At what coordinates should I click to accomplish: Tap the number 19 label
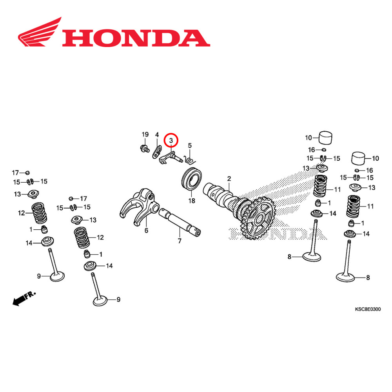[x=145, y=135]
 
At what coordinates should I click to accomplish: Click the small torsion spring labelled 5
[x=191, y=160]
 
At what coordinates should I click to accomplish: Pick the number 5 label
[x=190, y=145]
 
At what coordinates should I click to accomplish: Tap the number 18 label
[x=191, y=201]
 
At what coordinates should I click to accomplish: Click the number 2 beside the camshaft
[x=229, y=179]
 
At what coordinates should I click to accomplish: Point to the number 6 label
[x=146, y=230]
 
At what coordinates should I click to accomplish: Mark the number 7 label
[x=180, y=241]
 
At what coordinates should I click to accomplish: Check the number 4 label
[x=157, y=135]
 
